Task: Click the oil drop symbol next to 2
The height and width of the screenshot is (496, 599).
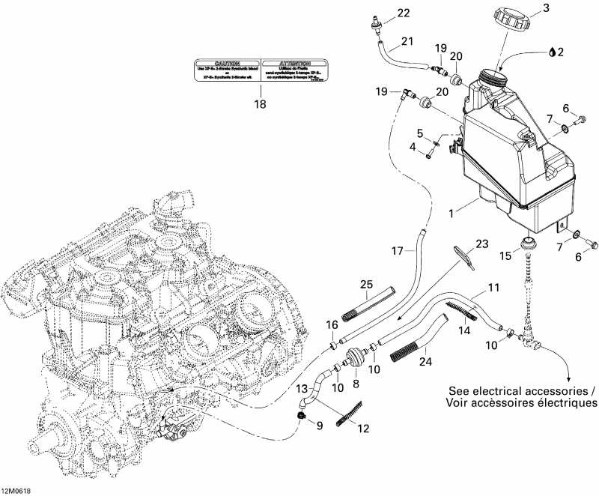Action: click(x=553, y=52)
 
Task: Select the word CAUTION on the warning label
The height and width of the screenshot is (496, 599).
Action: click(x=227, y=64)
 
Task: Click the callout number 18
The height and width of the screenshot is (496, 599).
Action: click(x=260, y=105)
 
